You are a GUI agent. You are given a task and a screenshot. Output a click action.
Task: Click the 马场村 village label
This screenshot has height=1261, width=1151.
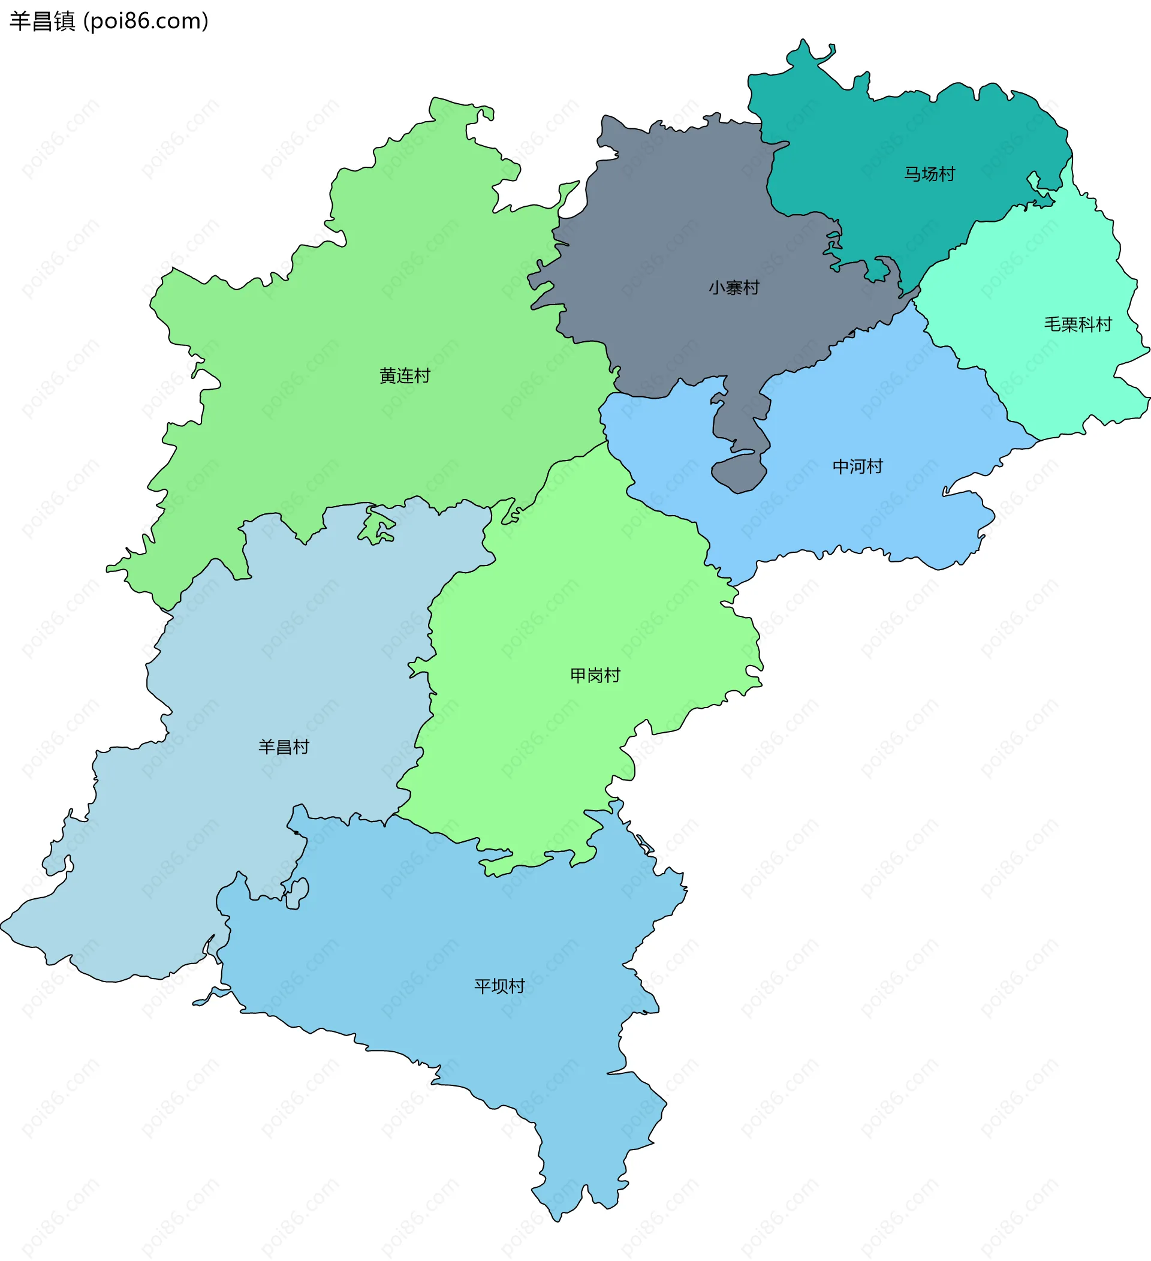929,174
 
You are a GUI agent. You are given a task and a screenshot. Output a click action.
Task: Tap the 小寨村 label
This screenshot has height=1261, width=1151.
733,288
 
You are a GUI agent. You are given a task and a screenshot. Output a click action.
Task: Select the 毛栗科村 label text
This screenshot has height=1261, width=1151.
1078,324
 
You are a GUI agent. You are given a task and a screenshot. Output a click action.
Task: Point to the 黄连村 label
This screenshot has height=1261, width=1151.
405,375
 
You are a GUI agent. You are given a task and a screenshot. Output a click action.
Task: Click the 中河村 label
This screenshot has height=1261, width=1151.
857,466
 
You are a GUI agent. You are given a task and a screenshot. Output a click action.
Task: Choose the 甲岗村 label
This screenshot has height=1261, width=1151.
595,675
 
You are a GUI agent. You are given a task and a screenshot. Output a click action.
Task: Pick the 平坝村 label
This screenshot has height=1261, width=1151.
499,986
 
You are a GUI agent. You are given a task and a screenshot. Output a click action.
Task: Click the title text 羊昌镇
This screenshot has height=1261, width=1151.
42,21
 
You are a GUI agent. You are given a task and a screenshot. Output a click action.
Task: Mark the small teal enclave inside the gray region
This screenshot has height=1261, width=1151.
876,271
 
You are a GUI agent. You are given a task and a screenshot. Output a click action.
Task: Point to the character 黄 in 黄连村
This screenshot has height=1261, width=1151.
388,375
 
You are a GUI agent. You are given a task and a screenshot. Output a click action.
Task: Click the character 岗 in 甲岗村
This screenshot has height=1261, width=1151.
595,675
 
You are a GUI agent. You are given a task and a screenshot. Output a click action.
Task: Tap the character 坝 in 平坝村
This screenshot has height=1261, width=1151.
499,986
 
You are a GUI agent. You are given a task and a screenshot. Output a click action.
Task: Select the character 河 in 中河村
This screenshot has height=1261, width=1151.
857,466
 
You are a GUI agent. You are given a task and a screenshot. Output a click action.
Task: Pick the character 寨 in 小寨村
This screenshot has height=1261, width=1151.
733,288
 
